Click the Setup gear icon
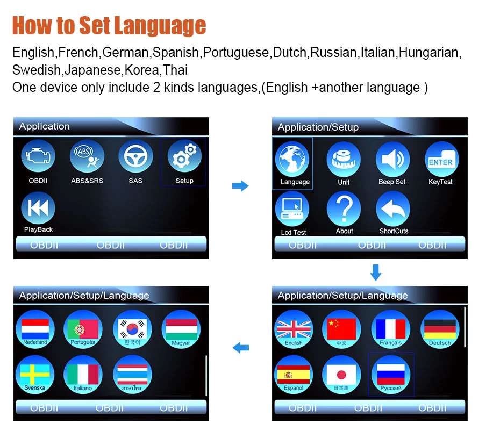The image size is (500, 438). [x=184, y=156]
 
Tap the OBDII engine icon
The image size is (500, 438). [x=38, y=156]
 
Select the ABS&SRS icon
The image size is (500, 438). [x=87, y=156]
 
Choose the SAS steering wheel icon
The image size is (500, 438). [x=135, y=156]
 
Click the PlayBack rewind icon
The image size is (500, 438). [x=38, y=208]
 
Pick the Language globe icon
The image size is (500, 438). [x=292, y=159]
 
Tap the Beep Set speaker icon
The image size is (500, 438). [x=392, y=159]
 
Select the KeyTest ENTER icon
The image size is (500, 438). [x=441, y=159]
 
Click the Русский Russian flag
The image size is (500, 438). [x=391, y=375]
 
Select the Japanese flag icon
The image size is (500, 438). [x=341, y=375]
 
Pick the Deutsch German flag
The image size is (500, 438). [x=440, y=329]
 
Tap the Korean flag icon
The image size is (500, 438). [x=132, y=329]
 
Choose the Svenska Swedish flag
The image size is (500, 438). [x=35, y=375]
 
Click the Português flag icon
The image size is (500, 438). [x=83, y=329]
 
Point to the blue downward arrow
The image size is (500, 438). [x=376, y=272]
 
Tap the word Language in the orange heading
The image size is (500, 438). [x=160, y=25]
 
